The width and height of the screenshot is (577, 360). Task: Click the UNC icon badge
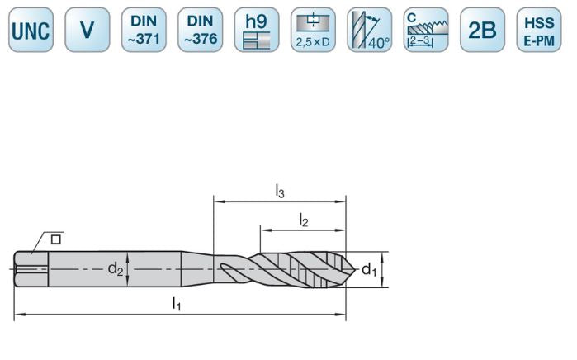point(31,31)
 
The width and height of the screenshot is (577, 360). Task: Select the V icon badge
point(87,31)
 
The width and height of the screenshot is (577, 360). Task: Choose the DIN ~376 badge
point(200,31)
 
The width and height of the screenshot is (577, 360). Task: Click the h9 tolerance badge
point(257,31)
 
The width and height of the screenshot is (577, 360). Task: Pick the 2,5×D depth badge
point(313,31)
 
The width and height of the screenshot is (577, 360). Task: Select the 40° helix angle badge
point(369,31)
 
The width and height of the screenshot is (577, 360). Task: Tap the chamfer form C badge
point(426,31)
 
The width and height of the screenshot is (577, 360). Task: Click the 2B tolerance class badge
point(482,31)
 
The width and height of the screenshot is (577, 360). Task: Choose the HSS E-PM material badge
point(538,31)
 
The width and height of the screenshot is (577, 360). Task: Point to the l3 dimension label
point(280,191)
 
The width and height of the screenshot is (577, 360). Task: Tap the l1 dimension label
point(176,304)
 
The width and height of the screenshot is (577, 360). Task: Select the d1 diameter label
point(371,268)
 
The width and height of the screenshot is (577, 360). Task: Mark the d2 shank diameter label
point(116,268)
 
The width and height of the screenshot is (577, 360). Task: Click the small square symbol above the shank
point(56,239)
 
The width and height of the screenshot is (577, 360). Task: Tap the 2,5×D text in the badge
point(313,43)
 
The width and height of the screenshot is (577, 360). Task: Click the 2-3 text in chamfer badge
point(421,40)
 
